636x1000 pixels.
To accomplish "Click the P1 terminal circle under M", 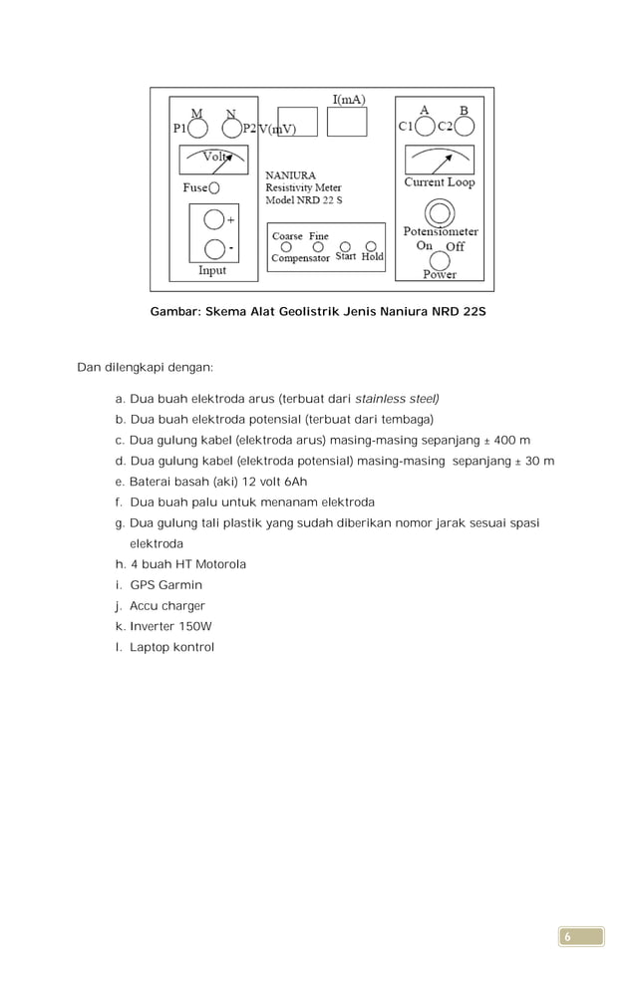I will click(x=198, y=129).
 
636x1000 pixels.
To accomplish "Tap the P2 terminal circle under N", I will click(x=231, y=129).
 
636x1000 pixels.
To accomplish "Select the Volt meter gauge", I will click(x=213, y=160).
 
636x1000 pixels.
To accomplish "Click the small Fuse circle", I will click(x=214, y=187).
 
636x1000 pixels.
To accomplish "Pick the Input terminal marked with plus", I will click(x=213, y=219).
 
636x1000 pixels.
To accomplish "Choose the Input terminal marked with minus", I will click(x=213, y=248).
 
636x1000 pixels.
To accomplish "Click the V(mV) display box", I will click(x=296, y=122).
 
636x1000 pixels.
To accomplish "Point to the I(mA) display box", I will click(x=347, y=121).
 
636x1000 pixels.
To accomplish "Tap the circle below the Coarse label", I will click(x=287, y=246).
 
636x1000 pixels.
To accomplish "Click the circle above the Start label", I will click(x=345, y=246).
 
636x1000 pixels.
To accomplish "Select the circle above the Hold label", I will click(x=371, y=246).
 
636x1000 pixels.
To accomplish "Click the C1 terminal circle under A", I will click(x=425, y=127).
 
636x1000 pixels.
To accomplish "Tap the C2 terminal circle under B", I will click(x=464, y=127).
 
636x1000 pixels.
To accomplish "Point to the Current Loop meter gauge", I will click(x=439, y=160).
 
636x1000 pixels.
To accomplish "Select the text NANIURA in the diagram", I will click(x=289, y=175).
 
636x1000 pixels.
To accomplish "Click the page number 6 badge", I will click(x=580, y=936).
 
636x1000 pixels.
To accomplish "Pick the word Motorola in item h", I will click(x=219, y=564).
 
